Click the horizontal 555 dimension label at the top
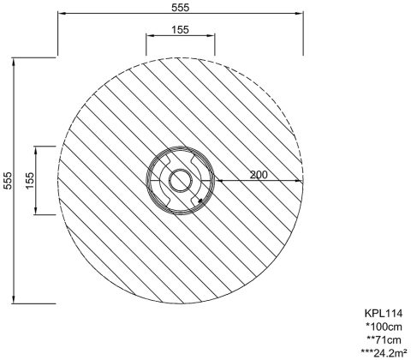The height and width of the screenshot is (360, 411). coord(181,8)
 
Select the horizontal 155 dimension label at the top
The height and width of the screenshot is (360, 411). coord(181,29)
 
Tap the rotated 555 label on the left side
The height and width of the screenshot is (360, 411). coord(8,180)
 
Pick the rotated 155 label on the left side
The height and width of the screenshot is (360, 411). coord(29,180)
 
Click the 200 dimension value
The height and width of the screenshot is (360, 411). coord(259,175)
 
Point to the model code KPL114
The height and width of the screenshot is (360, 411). coord(384,314)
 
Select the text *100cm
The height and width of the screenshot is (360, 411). coord(384,327)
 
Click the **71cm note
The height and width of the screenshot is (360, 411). coord(384,340)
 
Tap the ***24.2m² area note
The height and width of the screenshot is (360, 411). coord(384,353)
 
